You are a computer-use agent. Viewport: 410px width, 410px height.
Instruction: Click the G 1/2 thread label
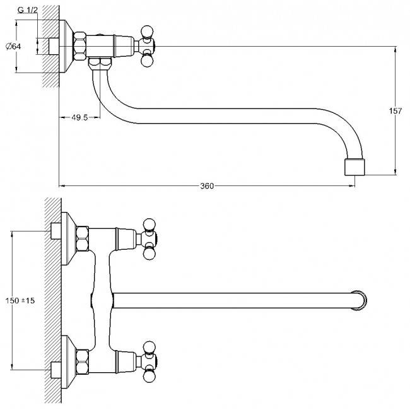(28, 10)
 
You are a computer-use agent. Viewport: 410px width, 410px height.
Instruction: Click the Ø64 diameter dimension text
(13, 46)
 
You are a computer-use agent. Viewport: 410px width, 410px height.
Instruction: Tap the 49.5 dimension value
(79, 118)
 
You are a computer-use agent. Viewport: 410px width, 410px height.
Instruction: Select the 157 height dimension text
(395, 111)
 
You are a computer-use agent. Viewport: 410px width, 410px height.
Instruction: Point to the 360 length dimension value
(207, 186)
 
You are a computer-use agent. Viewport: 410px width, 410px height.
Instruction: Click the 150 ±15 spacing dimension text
(20, 300)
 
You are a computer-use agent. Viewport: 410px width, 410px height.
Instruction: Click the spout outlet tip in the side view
(355, 167)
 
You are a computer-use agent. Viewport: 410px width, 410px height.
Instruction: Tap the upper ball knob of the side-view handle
(147, 31)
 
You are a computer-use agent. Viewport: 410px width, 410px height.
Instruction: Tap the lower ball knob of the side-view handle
(146, 61)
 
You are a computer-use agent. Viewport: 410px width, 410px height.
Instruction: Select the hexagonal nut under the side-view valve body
(100, 62)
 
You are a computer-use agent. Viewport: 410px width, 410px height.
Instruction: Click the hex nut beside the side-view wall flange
(80, 46)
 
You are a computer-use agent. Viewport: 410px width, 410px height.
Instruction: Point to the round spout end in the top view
(359, 300)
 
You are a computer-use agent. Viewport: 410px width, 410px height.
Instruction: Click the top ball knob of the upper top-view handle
(149, 225)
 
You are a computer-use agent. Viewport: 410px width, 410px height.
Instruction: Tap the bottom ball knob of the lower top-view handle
(149, 377)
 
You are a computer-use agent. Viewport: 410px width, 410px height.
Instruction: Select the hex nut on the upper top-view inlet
(83, 238)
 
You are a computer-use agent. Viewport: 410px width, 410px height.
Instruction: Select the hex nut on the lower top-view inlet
(83, 362)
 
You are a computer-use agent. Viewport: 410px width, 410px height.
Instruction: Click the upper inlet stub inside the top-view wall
(56, 231)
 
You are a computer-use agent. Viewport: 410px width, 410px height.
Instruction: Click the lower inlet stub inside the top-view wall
(56, 370)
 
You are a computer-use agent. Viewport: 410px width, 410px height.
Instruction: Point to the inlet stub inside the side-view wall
(54, 46)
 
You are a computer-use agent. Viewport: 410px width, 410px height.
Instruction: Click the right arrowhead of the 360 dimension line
(352, 186)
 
